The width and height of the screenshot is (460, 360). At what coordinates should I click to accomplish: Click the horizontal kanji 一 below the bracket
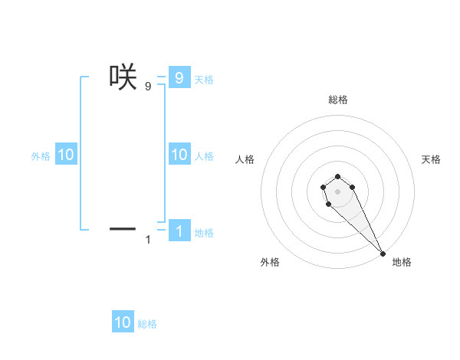coord(123,228)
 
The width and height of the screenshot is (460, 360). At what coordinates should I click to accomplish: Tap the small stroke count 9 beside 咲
coord(148,87)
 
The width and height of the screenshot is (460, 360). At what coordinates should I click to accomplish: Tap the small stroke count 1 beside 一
coord(148,241)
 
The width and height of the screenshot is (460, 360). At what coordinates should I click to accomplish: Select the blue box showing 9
coord(179,78)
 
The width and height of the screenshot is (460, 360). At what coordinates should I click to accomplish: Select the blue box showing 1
coord(179,231)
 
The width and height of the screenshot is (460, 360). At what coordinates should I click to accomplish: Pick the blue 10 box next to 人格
coord(179,155)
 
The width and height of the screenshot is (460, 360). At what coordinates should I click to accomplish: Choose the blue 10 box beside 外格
coord(66,155)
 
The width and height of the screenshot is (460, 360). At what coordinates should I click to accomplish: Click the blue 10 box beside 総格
coord(123,322)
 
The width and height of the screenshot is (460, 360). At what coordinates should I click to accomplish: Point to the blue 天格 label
coord(204,80)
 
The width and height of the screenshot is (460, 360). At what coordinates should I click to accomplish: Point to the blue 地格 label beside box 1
coord(204,233)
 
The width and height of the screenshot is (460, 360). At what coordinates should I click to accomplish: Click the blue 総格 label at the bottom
coord(147,324)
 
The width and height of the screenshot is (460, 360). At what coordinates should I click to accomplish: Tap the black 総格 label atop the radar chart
coord(337,100)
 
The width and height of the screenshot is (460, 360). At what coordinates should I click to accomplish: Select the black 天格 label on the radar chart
coord(431,159)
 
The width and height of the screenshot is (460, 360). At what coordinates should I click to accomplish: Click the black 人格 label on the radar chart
coord(245,159)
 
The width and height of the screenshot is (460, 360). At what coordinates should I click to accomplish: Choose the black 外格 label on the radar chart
coord(270,262)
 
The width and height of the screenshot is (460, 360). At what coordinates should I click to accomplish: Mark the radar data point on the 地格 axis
coord(382,253)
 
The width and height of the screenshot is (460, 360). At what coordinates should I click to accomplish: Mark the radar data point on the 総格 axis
coord(337,173)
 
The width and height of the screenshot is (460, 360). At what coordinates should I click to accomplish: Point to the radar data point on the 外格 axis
coord(328,204)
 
